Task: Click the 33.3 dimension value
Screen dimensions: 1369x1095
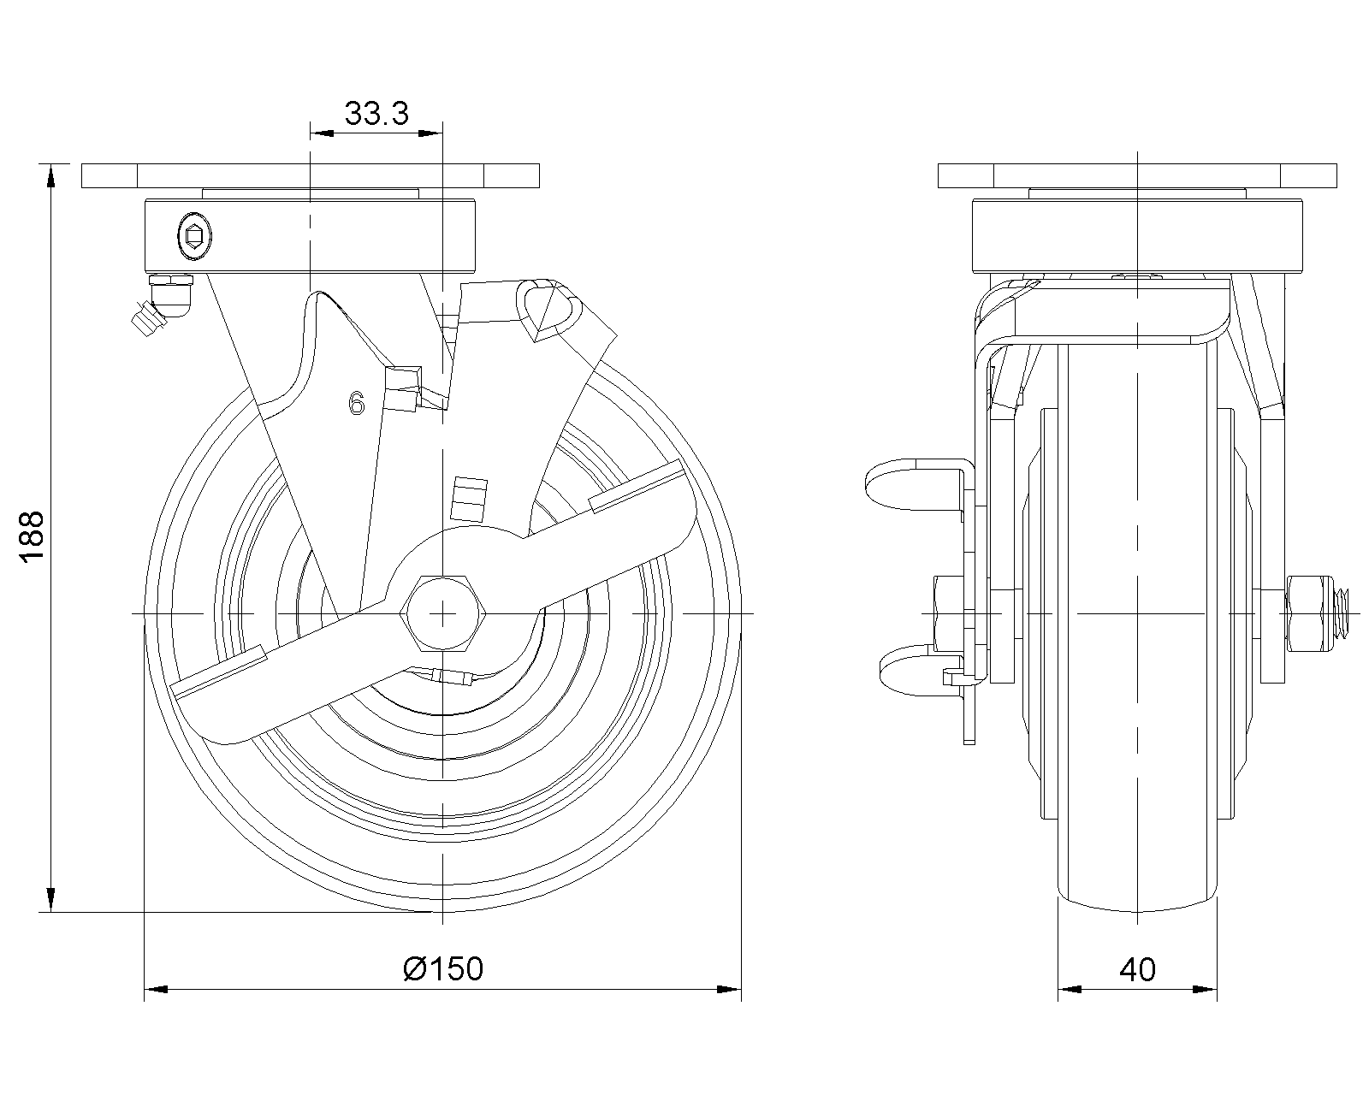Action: click(x=376, y=113)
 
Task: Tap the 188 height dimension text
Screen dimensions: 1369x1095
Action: click(x=31, y=536)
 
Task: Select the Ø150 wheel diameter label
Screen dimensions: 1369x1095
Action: click(x=443, y=969)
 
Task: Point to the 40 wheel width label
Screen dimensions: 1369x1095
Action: click(x=1137, y=969)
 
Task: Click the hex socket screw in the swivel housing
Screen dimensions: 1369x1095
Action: click(x=194, y=237)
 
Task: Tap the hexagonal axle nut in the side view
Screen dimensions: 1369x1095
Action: click(x=442, y=613)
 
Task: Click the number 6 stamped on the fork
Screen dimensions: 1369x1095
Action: click(x=356, y=403)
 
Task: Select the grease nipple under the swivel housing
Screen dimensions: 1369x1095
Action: click(x=163, y=305)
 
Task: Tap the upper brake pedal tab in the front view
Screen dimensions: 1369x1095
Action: click(x=914, y=483)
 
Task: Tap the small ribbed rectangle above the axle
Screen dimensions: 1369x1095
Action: click(x=469, y=499)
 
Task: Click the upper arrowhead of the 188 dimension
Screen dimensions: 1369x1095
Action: click(x=50, y=175)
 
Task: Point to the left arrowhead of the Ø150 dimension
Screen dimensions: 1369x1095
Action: click(x=156, y=990)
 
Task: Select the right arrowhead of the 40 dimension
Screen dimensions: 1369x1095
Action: click(x=1205, y=990)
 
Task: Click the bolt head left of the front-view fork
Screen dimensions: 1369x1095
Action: click(x=949, y=613)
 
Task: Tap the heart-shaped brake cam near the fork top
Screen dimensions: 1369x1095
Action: click(x=548, y=310)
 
